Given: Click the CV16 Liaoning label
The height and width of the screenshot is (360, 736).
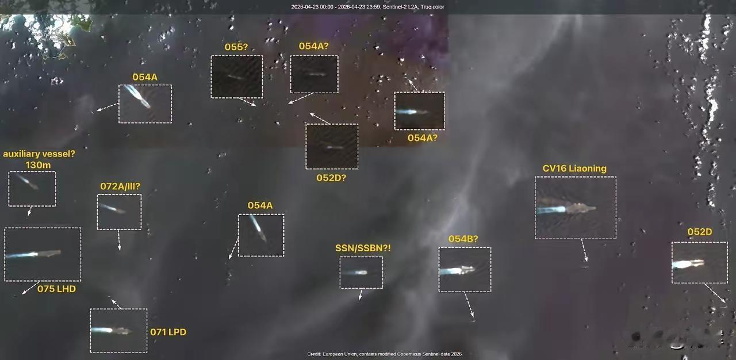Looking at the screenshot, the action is (x=574, y=168).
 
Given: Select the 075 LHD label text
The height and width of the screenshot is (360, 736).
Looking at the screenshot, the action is (x=56, y=289).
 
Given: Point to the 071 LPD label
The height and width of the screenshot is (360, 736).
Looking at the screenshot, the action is (x=168, y=332).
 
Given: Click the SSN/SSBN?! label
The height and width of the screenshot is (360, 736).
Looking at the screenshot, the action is (x=363, y=248).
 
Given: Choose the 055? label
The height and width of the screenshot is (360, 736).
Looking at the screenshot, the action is (x=236, y=47).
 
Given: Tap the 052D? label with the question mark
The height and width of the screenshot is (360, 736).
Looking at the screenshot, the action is (x=331, y=178).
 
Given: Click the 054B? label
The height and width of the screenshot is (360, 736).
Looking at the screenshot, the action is (x=463, y=239).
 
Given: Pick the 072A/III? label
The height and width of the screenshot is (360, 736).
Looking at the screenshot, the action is (x=120, y=186).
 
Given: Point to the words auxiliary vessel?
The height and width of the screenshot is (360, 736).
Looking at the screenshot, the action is (x=39, y=154).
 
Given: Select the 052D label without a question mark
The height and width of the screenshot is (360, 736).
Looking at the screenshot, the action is (x=699, y=232).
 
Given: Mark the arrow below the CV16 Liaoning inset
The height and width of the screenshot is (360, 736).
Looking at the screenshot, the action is (x=584, y=251).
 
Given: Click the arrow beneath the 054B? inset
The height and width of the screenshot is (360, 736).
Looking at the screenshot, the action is (x=470, y=305).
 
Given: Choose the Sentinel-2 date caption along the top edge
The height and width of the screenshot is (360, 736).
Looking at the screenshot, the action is (x=367, y=7).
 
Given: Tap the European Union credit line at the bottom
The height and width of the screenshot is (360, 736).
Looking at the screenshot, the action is (x=384, y=354).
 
